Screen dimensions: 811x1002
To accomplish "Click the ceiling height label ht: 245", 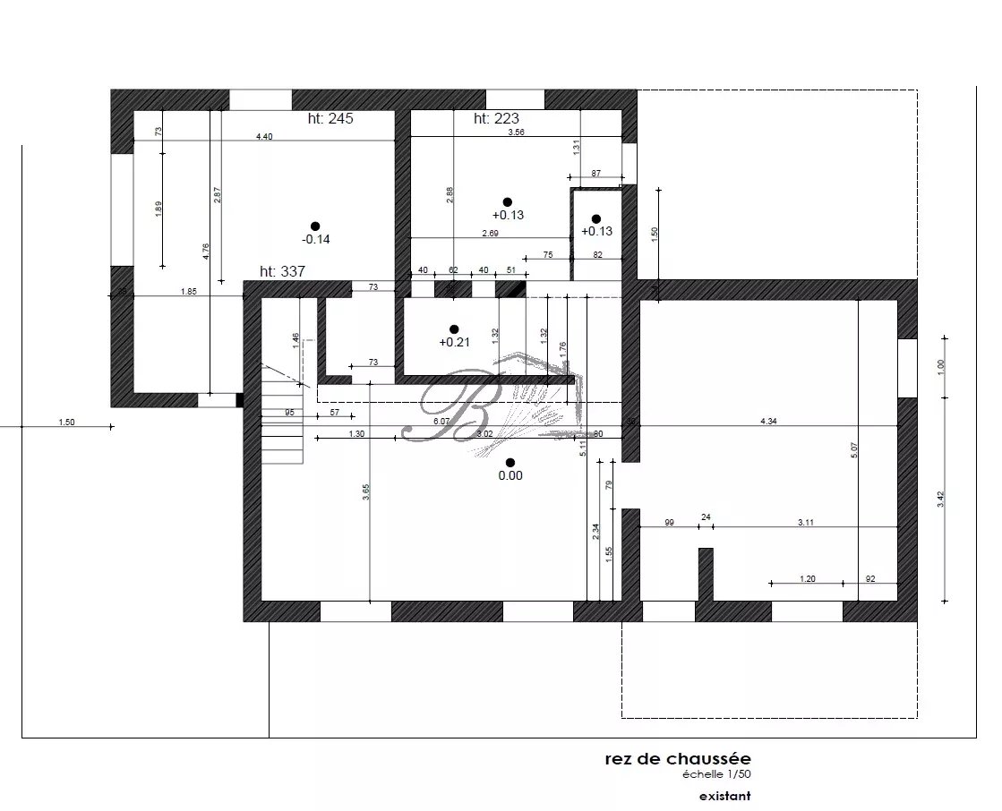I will tap(327, 118).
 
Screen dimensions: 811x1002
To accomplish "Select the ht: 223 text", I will tap(496, 118).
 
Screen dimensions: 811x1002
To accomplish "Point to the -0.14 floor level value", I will tap(315, 239).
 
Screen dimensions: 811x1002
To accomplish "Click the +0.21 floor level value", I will tap(454, 342).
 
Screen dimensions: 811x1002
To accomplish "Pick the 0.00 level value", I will tap(510, 475).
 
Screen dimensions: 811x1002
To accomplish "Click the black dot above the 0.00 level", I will tap(510, 462).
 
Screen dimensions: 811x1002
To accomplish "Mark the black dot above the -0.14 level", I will tap(314, 226).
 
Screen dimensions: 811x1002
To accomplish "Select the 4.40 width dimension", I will tap(264, 136).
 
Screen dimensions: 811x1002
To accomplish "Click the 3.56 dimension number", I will tap(516, 132).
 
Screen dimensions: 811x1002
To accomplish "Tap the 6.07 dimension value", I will tap(441, 421).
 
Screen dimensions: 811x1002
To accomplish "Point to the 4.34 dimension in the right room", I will tap(768, 421).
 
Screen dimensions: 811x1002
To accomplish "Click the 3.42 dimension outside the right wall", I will tap(940, 500).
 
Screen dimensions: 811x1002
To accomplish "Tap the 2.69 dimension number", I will tap(490, 233).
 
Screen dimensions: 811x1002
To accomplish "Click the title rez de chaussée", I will tap(677, 760).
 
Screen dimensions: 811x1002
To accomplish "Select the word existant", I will tap(724, 795).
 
